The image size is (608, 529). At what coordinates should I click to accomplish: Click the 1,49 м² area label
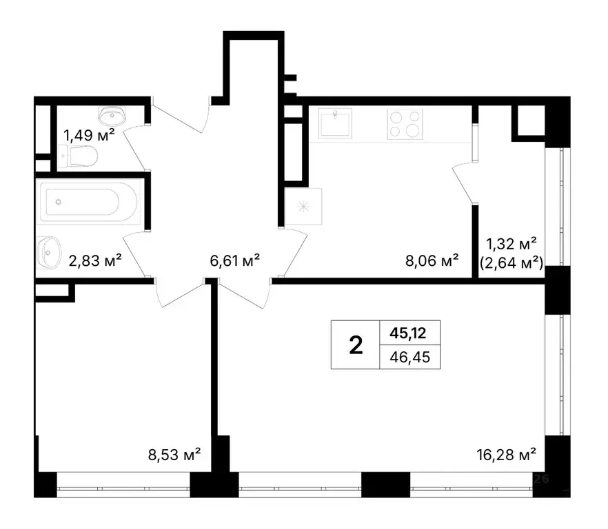click(89, 134)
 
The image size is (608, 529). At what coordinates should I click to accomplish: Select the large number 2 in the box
click(356, 345)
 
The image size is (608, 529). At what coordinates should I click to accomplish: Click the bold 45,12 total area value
click(409, 333)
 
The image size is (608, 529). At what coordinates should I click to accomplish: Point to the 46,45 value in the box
click(409, 357)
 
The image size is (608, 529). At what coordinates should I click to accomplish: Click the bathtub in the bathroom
click(88, 203)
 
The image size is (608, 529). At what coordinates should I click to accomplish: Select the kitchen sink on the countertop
click(336, 125)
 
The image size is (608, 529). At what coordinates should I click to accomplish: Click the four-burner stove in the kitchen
click(404, 125)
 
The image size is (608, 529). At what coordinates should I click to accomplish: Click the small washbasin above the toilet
click(111, 113)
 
